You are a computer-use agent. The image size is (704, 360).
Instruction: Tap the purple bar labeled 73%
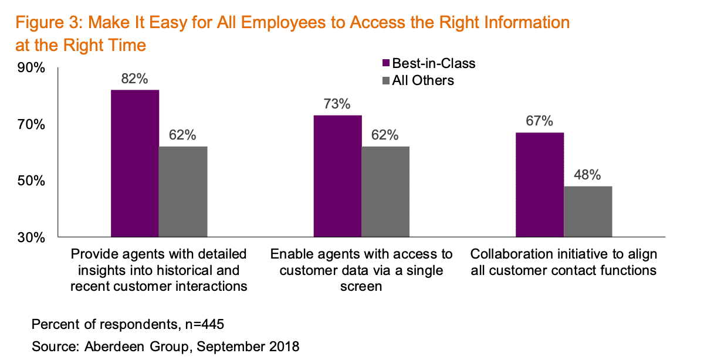tap(337, 176)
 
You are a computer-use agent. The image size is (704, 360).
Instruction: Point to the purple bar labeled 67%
tap(540, 185)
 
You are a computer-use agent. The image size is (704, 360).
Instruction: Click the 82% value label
tap(134, 79)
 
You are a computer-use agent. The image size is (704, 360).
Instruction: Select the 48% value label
tap(588, 175)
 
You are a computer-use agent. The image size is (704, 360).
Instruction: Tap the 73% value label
tap(337, 104)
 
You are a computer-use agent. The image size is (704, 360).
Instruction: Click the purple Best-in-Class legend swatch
tap(386, 63)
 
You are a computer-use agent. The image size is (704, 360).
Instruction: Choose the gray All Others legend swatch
tap(386, 80)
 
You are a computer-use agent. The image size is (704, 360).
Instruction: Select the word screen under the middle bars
tap(361, 287)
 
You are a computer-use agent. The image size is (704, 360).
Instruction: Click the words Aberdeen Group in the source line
tap(121, 347)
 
